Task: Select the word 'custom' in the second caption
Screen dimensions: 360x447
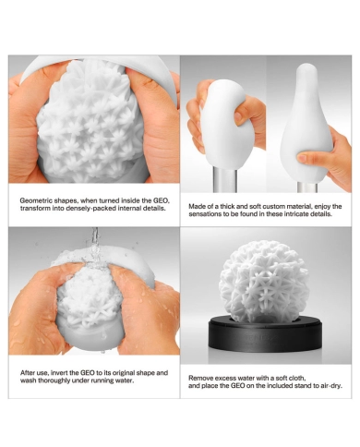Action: click(268, 206)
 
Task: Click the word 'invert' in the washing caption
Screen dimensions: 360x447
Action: click(60, 373)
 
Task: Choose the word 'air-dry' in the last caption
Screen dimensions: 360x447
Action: click(331, 386)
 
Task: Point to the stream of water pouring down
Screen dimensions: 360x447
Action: click(95, 243)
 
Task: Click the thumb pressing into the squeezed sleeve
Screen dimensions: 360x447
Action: click(244, 115)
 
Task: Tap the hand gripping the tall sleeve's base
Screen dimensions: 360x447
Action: click(330, 160)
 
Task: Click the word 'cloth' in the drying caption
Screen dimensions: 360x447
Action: click(297, 378)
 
